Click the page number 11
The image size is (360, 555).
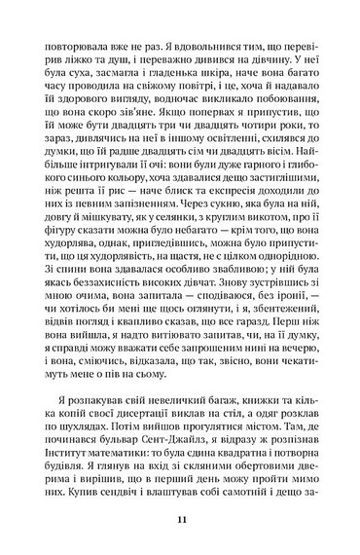click(x=181, y=523)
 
